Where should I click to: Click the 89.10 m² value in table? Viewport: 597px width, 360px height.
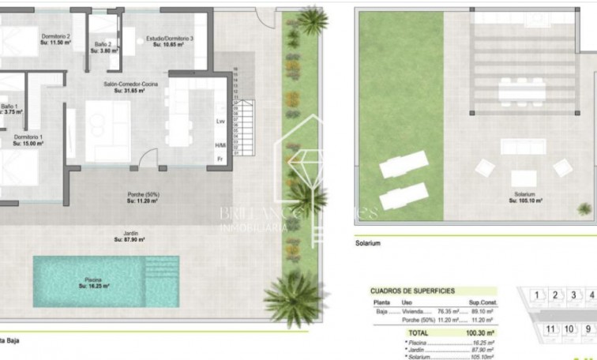coord(469,312)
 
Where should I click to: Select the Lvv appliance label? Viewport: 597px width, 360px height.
coord(220,122)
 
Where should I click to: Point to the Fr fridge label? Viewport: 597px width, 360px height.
coord(220,158)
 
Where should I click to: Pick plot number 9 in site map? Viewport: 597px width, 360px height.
coord(586,328)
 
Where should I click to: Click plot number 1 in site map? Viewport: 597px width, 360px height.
coord(538,296)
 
